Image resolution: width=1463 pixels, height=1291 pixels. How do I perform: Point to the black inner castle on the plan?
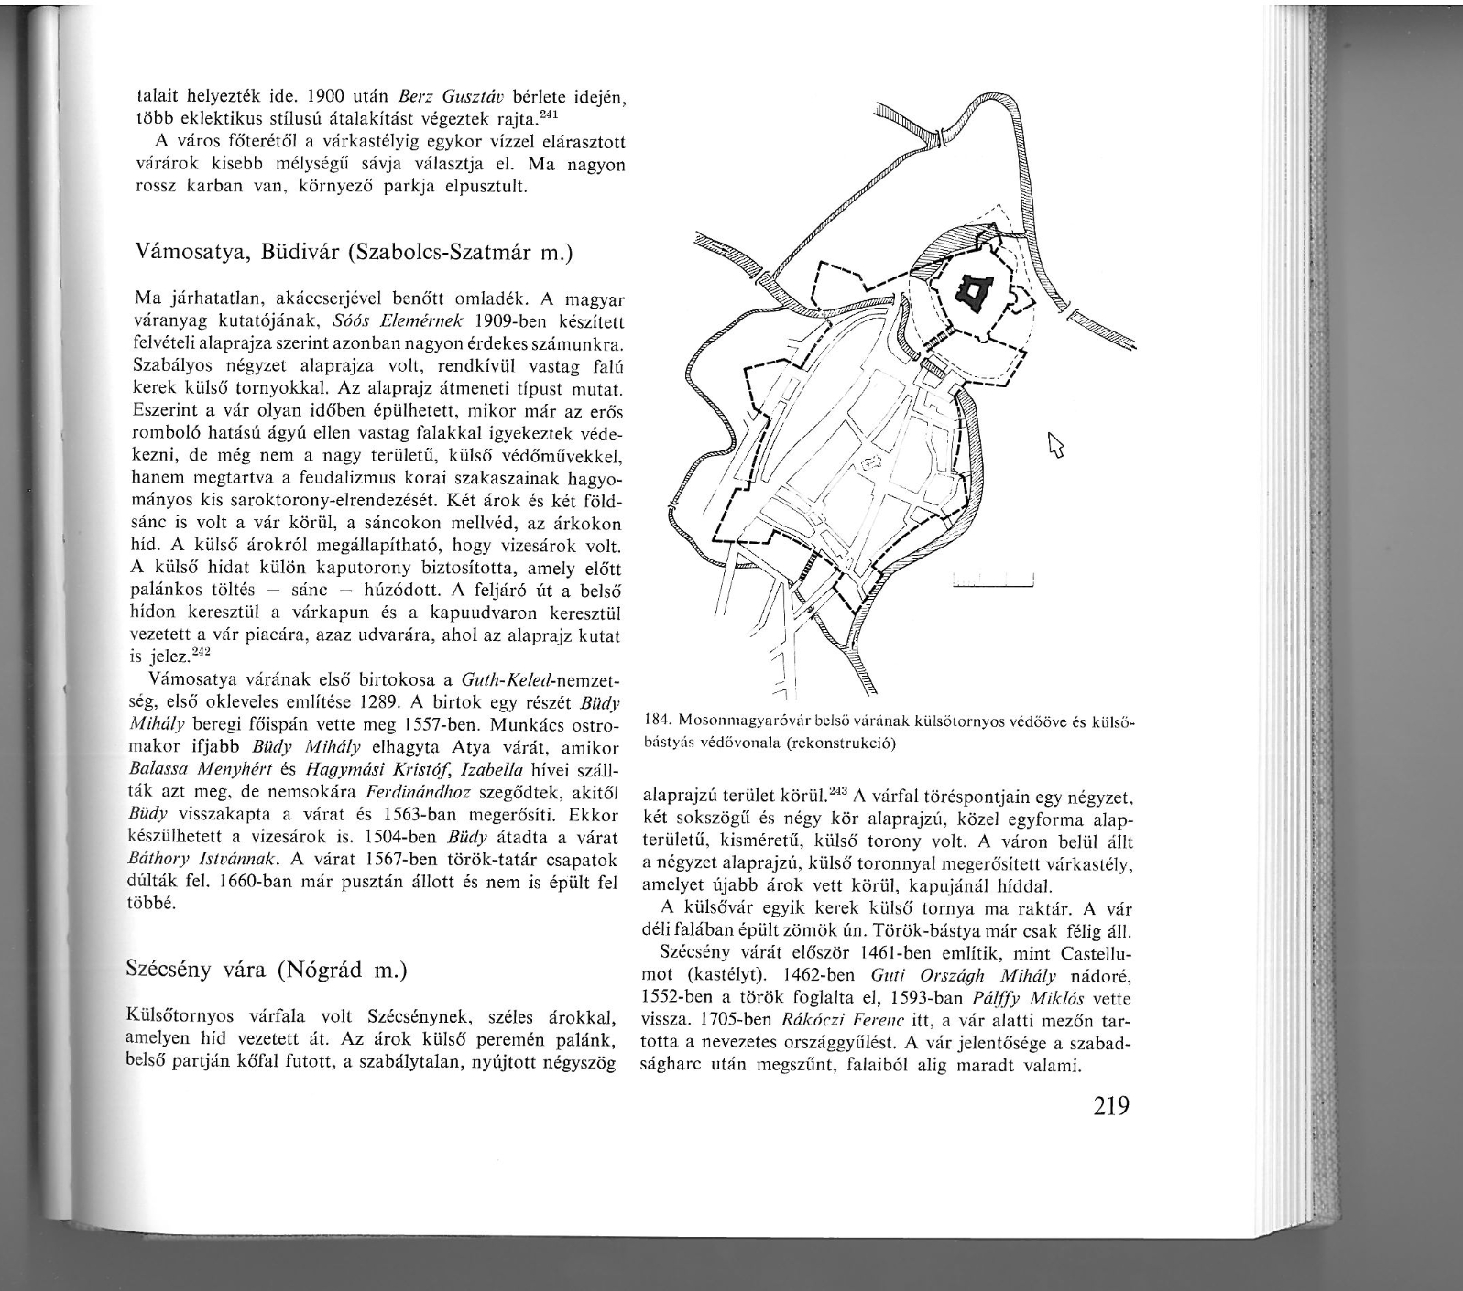tap(972, 292)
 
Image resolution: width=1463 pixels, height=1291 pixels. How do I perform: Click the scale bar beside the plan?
tap(993, 580)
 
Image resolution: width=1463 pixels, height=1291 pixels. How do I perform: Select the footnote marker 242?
tap(200, 652)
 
